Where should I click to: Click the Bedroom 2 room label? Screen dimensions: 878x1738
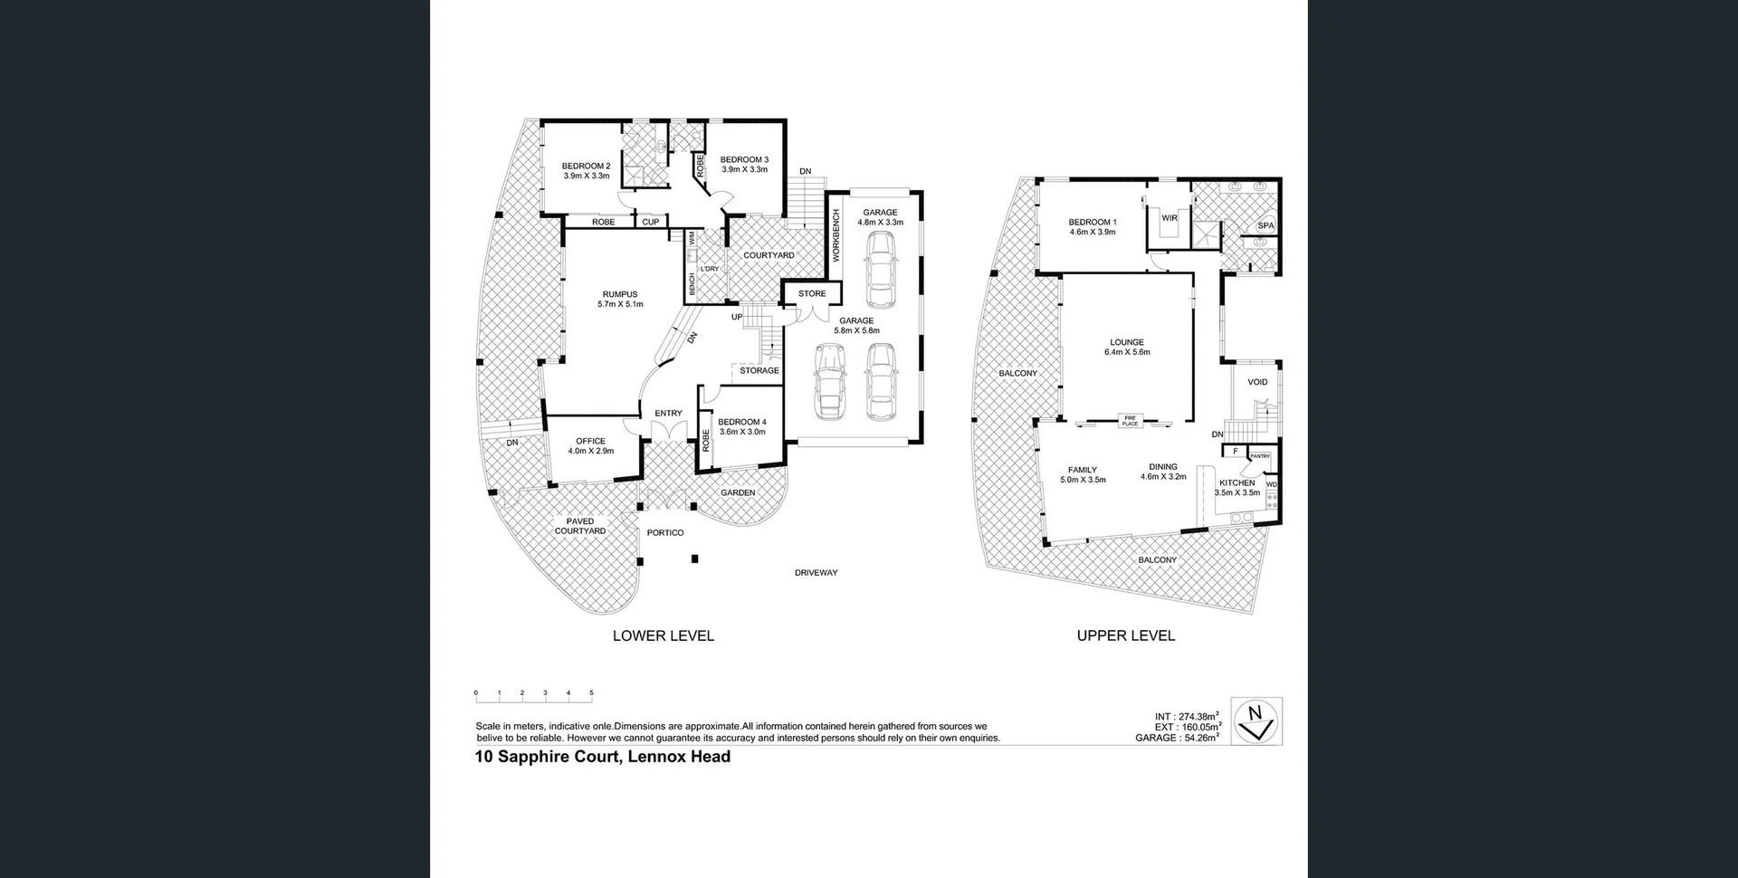[586, 170]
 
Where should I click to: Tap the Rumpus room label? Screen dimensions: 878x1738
[620, 299]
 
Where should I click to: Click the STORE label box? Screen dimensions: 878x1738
[812, 293]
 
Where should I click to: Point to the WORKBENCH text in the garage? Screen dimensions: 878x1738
[836, 235]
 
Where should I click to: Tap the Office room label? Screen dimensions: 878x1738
[590, 445]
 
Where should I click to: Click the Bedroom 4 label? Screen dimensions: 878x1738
[741, 426]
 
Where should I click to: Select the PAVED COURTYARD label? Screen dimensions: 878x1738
[580, 526]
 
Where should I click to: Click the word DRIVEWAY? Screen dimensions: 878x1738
[816, 573]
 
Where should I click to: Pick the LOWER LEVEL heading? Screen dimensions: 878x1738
[663, 635]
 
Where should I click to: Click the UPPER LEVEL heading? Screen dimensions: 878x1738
[1125, 635]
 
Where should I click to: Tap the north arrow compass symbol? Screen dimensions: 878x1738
[1256, 721]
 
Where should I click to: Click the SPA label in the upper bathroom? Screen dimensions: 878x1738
[1265, 225]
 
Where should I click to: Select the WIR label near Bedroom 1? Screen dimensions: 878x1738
[1169, 218]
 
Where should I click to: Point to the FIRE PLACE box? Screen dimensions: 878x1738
[1130, 421]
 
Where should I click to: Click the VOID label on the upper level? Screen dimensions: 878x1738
[1257, 382]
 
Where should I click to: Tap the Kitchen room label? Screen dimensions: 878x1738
[1237, 487]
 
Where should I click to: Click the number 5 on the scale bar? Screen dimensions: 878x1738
[591, 692]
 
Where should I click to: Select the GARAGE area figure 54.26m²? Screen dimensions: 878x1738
[1177, 738]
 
